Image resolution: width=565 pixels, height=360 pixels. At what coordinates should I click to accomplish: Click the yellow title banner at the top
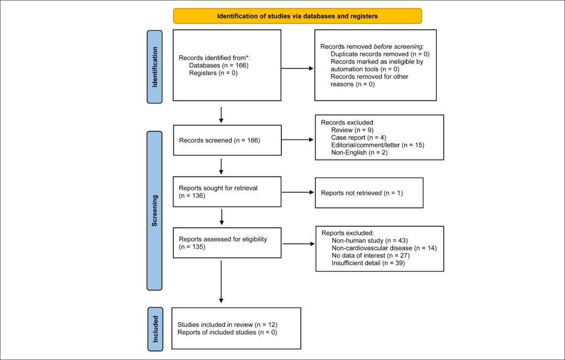297,16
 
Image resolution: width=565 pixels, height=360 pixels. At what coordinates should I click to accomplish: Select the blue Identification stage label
154,67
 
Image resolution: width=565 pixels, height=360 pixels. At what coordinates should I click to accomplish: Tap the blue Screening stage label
154,211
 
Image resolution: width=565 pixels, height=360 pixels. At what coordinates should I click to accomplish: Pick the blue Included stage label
155,329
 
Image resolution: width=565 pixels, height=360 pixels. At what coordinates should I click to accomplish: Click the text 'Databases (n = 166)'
218,66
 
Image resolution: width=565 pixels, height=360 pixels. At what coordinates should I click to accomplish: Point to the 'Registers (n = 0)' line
214,73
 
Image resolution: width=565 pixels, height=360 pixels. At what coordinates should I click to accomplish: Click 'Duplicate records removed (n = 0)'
380,55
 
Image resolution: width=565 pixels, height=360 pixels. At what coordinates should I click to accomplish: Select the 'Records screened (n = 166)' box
227,141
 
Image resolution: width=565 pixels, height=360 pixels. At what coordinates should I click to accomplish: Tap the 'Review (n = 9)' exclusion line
352,130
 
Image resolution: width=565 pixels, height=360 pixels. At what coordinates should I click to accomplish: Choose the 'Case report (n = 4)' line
359,137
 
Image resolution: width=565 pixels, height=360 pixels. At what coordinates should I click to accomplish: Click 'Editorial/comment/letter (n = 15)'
377,145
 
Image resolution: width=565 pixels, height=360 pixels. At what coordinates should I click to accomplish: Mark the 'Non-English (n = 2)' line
359,153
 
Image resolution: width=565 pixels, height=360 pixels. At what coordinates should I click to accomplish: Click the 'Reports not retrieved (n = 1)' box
369,193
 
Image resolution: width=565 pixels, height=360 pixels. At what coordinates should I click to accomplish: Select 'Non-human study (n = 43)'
370,240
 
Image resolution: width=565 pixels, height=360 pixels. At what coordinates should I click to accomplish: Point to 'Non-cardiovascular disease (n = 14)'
384,248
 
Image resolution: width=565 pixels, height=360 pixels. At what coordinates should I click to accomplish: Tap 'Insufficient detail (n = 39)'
368,263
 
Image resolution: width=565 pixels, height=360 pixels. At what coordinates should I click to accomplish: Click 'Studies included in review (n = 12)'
227,325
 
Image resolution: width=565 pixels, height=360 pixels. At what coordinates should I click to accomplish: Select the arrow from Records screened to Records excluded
297,139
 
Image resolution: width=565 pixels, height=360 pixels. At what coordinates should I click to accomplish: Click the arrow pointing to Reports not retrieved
298,192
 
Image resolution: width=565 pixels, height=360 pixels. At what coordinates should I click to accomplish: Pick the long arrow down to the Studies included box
221,282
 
